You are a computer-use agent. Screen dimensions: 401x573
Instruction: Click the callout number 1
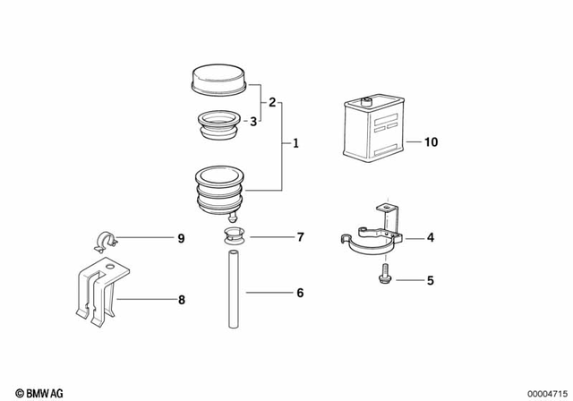click(x=296, y=143)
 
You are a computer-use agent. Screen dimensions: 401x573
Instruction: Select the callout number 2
click(x=272, y=102)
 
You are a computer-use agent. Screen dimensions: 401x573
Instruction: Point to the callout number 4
click(x=430, y=238)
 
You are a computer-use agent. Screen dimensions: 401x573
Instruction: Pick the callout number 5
click(x=430, y=280)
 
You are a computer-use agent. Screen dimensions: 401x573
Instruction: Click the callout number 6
click(x=300, y=293)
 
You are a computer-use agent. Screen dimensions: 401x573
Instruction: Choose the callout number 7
click(x=300, y=237)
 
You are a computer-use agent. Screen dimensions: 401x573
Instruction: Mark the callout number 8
click(x=182, y=299)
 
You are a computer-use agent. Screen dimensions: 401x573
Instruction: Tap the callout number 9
click(x=180, y=238)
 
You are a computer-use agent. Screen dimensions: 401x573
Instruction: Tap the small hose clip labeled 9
click(x=104, y=240)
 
